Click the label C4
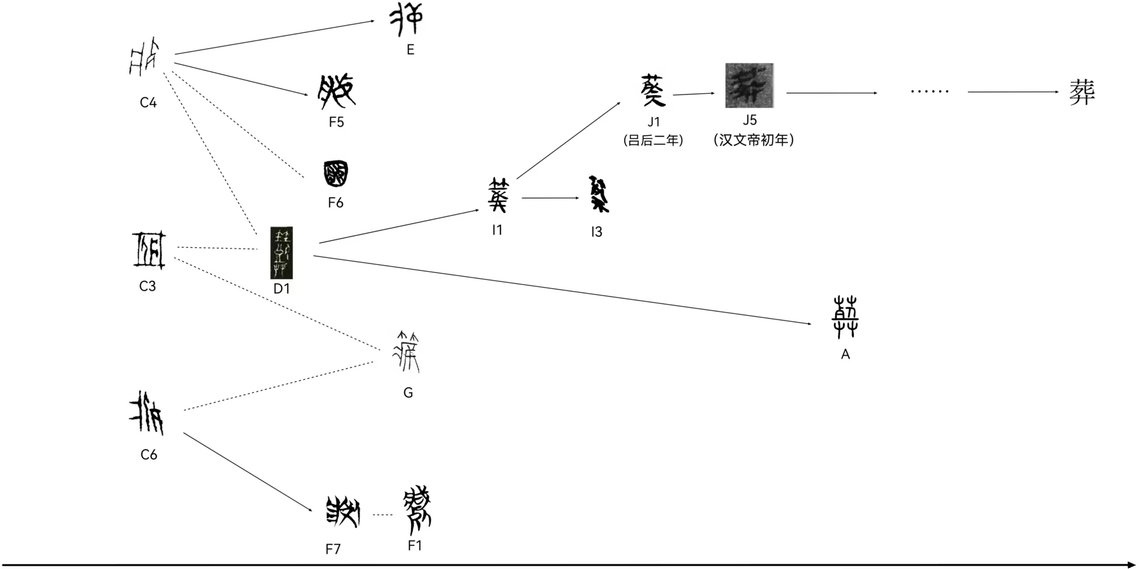click(148, 102)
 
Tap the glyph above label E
click(406, 19)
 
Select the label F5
click(336, 122)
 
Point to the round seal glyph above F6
click(336, 174)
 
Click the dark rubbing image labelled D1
click(281, 253)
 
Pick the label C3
click(148, 286)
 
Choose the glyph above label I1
click(498, 195)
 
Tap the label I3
click(596, 232)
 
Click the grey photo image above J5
click(749, 86)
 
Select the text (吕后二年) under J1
click(653, 140)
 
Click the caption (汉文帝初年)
click(754, 140)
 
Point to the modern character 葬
click(1082, 92)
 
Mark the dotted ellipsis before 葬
click(929, 92)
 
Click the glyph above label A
click(845, 318)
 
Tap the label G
click(408, 393)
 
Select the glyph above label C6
click(147, 413)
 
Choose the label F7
click(333, 550)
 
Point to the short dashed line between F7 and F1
click(383, 515)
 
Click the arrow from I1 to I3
click(550, 198)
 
